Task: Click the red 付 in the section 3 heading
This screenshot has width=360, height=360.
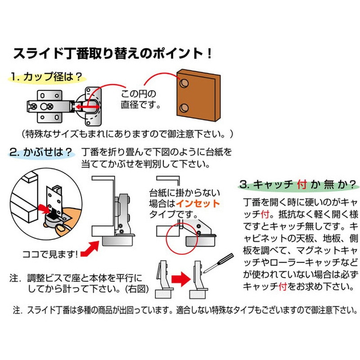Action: tap(301, 184)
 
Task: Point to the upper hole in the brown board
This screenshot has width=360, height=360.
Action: tap(184, 84)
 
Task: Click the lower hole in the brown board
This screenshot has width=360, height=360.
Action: tap(184, 108)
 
